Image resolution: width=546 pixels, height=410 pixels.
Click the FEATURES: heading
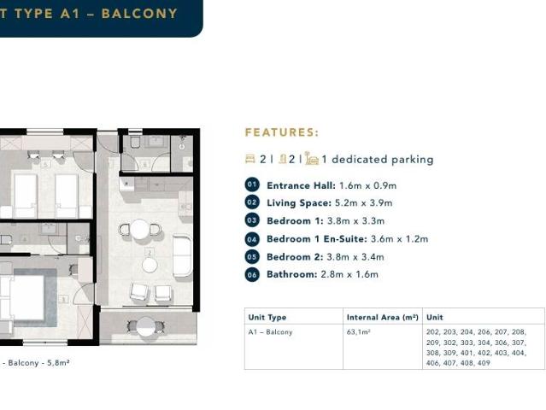282,132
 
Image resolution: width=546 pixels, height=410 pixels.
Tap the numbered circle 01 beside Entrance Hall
252,184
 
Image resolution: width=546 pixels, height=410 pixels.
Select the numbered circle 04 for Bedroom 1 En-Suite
252,239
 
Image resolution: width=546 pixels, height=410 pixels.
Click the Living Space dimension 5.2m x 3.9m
363,203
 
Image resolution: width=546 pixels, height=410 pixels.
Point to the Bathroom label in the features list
292,274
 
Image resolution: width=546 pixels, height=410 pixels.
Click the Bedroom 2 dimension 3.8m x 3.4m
355,257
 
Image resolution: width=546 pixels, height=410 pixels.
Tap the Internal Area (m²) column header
382,317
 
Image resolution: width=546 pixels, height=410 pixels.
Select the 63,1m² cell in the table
358,332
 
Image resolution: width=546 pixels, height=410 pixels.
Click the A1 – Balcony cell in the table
270,332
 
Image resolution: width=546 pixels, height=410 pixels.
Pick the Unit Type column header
267,318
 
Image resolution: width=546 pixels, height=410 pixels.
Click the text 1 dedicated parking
377,160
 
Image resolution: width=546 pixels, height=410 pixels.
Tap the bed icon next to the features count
250,159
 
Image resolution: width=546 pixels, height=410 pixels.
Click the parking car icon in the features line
312,158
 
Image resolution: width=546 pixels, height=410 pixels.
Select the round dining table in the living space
140,230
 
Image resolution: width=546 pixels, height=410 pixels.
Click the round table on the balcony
146,326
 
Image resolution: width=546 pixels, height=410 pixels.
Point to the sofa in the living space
182,255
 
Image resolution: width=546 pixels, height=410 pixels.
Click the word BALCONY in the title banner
139,14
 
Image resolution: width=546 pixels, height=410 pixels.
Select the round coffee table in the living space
150,265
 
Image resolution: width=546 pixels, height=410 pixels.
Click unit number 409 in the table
484,363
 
